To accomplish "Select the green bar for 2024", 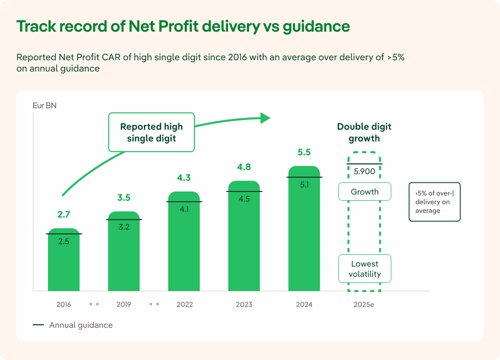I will click(x=304, y=235).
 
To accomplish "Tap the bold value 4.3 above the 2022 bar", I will click(x=184, y=178).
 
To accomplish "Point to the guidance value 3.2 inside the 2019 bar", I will click(x=124, y=227).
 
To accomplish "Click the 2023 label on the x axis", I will click(x=244, y=305).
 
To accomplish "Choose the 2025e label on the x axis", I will click(x=364, y=305).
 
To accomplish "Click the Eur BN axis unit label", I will click(x=45, y=106).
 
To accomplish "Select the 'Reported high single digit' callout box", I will click(x=151, y=132).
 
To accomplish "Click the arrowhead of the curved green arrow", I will click(x=265, y=118).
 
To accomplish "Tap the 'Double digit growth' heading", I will click(x=364, y=132).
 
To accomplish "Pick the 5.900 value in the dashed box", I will click(x=364, y=172).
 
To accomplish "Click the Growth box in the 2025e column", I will click(x=364, y=192).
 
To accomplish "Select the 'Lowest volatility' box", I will click(x=364, y=269).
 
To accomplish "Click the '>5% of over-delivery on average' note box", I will click(x=434, y=202).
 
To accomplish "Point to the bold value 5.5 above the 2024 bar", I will click(x=304, y=152).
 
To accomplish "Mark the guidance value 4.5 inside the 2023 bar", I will click(x=244, y=199).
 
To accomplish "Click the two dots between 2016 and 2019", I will click(x=94, y=304).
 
